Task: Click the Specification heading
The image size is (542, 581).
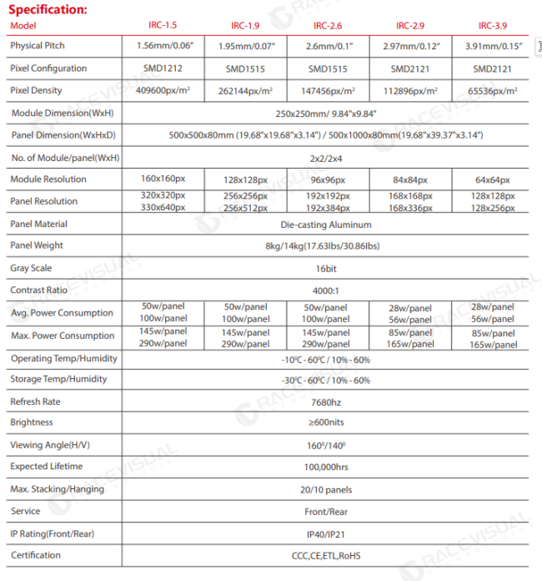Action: click(x=45, y=9)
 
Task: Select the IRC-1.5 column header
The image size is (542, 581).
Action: click(x=163, y=25)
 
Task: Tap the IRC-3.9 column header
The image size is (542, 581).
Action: click(x=491, y=25)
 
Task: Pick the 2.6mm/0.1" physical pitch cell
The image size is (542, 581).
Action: click(x=328, y=46)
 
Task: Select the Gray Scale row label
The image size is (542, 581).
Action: click(x=32, y=268)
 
